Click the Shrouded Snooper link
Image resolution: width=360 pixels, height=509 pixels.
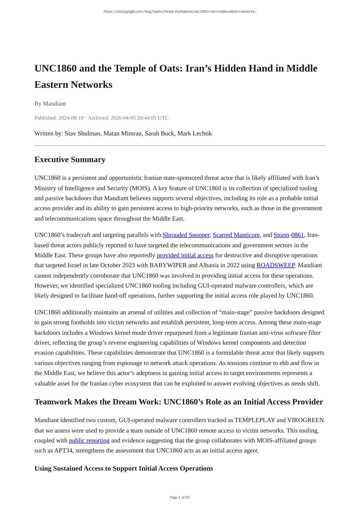pos(186,235)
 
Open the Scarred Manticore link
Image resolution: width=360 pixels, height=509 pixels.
pos(236,235)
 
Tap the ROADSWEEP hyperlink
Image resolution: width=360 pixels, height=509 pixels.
pos(275,266)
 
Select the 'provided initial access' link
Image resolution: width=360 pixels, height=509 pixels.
pos(185,255)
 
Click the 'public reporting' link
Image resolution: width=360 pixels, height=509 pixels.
pos(89,441)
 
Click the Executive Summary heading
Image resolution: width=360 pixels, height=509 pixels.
pos(70,160)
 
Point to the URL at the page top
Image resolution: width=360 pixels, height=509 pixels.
pos(180,12)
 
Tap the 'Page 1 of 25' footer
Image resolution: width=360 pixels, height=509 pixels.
pos(180,497)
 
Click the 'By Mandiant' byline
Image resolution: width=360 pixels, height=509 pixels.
pos(50,104)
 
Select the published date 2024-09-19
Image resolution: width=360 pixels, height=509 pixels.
pos(71,118)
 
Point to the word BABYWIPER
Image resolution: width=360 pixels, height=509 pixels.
pos(166,266)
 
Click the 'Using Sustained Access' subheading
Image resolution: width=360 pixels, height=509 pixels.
pos(123,469)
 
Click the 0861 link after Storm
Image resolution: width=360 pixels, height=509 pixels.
pos(297,235)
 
